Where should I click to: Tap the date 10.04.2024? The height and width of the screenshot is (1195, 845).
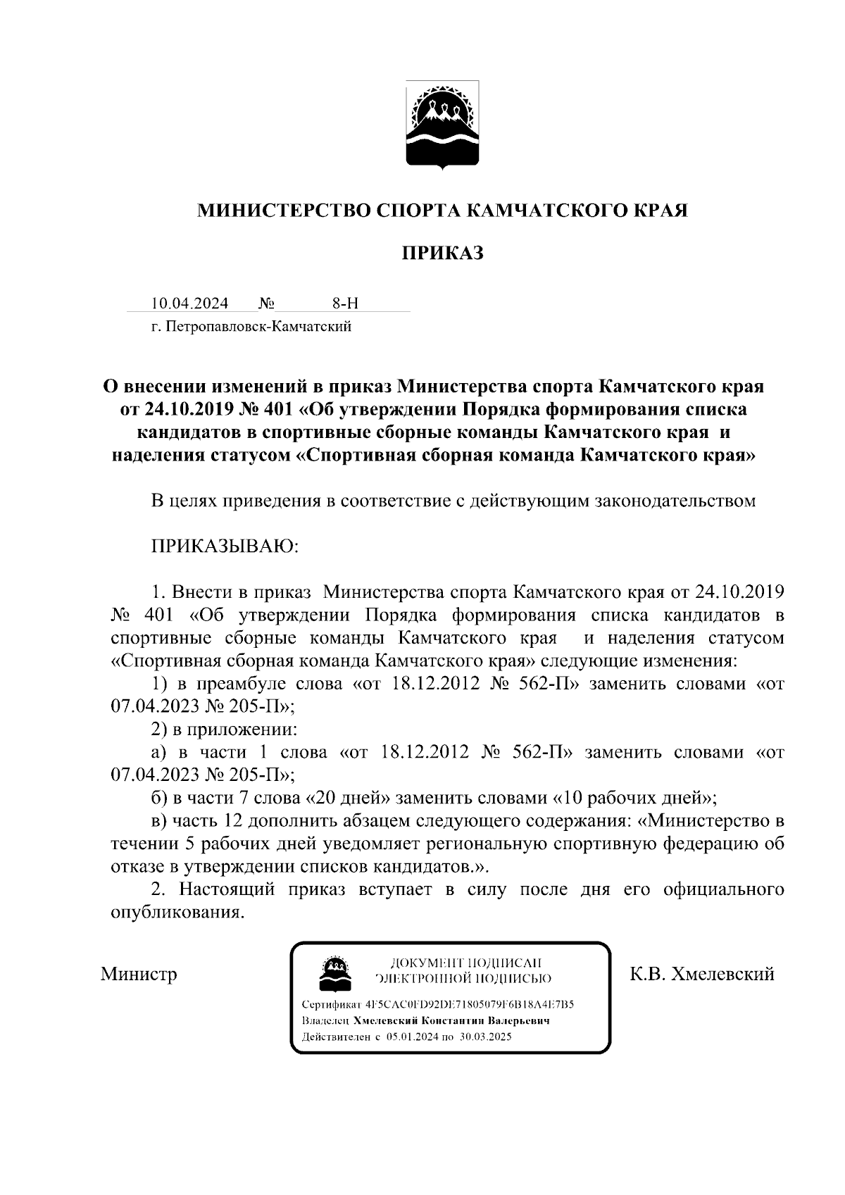coord(190,304)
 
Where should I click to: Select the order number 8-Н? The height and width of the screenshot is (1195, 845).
coord(345,304)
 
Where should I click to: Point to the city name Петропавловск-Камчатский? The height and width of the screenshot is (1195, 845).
coord(259,326)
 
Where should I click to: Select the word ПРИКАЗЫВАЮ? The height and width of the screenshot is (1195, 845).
coord(225,546)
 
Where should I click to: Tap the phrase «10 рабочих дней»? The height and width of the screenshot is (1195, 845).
coord(636,798)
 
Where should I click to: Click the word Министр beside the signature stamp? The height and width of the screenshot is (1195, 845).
coord(139,974)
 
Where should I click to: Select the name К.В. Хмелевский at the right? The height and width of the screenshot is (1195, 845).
coord(702,974)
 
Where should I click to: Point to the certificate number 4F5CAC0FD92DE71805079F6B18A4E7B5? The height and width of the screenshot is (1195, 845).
coord(470,1004)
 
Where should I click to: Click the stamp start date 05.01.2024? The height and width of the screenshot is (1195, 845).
coord(412,1037)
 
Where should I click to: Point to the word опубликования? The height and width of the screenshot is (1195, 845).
coord(177,912)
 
